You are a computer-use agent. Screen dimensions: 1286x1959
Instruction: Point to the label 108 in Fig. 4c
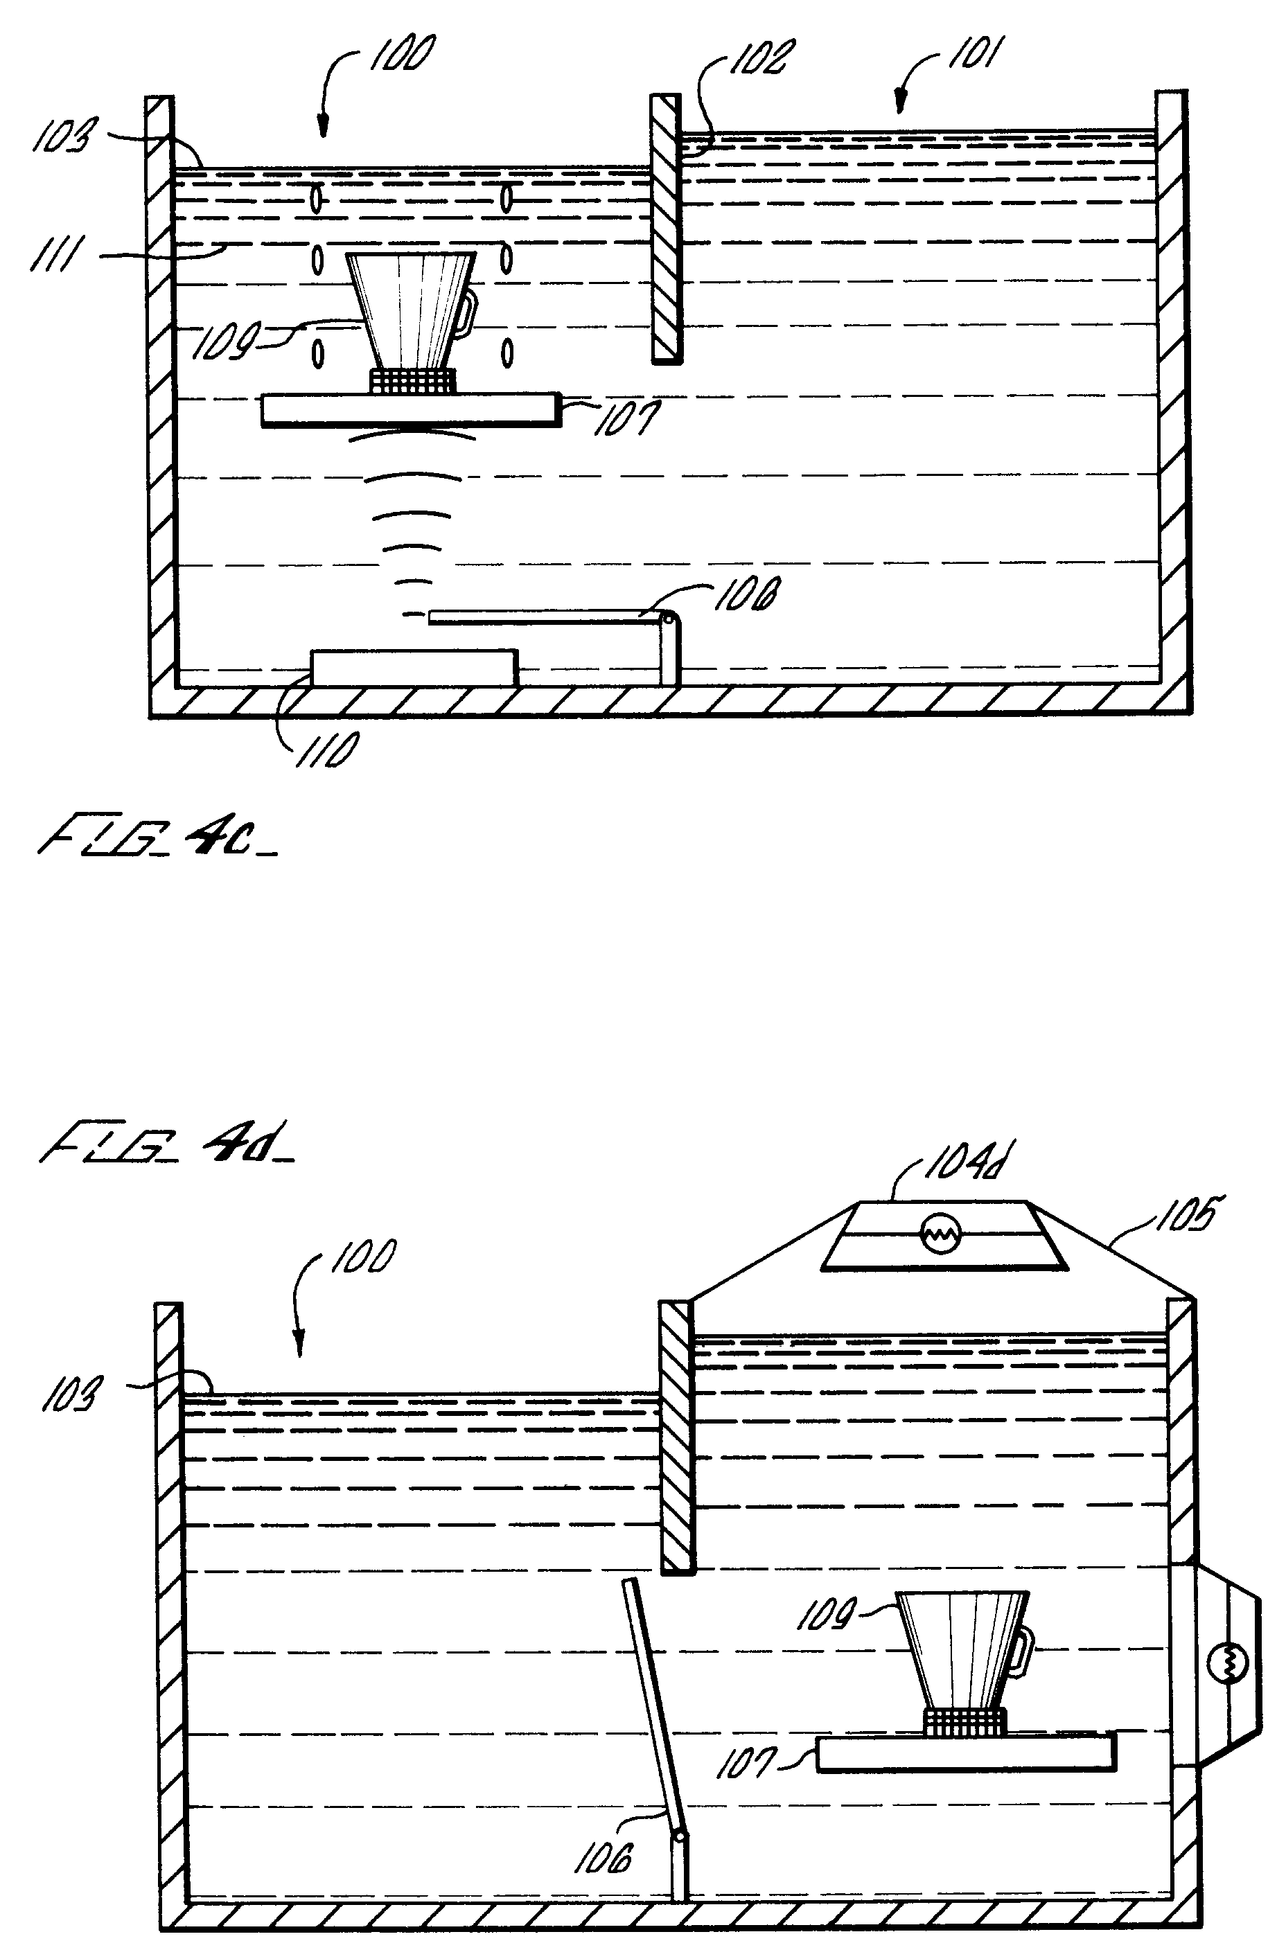[745, 594]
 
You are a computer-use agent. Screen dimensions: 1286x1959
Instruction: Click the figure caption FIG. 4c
[157, 838]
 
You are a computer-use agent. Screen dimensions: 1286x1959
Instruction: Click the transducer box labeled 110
[414, 668]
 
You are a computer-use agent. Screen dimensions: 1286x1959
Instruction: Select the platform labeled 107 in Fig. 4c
[410, 410]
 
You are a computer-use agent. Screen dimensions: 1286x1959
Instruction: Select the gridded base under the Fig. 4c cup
[412, 381]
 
